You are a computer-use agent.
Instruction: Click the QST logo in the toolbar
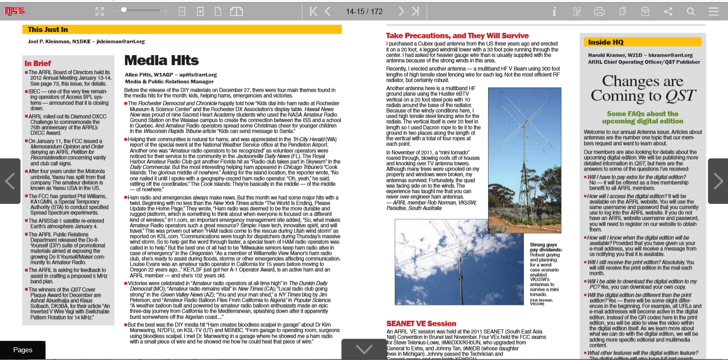coord(15,11)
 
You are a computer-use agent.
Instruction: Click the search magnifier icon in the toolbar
coord(691,11)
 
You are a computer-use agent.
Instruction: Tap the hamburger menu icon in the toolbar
coord(713,11)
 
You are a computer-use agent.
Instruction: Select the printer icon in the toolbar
coord(600,11)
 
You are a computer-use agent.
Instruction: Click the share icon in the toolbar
coord(668,11)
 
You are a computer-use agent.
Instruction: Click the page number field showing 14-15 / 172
coord(364,11)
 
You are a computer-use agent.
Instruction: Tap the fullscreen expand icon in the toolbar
coord(100,11)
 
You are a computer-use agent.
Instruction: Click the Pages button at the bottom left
coord(23,350)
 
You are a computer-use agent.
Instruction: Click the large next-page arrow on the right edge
coord(718,181)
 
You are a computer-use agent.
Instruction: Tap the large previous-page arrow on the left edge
coord(10,181)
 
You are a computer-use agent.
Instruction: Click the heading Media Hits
coord(162,61)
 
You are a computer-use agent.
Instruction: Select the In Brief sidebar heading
coord(38,63)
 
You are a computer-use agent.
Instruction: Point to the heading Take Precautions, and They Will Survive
coord(457,35)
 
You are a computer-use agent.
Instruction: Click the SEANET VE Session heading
coord(421,324)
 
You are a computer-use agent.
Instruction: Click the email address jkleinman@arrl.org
coord(121,41)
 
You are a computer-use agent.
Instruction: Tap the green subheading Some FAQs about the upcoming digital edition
coord(642,117)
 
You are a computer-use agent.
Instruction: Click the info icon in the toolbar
coord(554,11)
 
